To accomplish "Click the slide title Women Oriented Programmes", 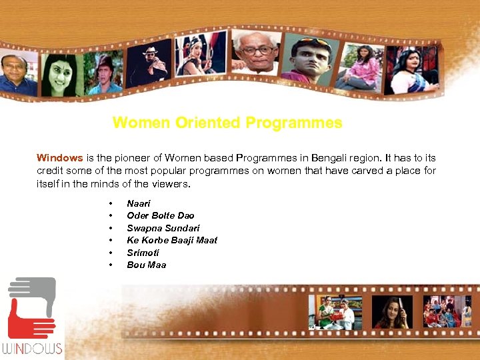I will point(227,123).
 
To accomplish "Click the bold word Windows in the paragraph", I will point(59,158).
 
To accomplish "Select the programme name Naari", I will point(139,203).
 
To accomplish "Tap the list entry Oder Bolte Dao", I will point(160,215).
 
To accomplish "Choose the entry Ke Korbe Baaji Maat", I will point(172,240).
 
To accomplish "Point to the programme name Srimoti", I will point(143,253).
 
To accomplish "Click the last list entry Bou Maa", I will point(146,265).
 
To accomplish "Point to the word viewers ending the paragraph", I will point(170,183).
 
